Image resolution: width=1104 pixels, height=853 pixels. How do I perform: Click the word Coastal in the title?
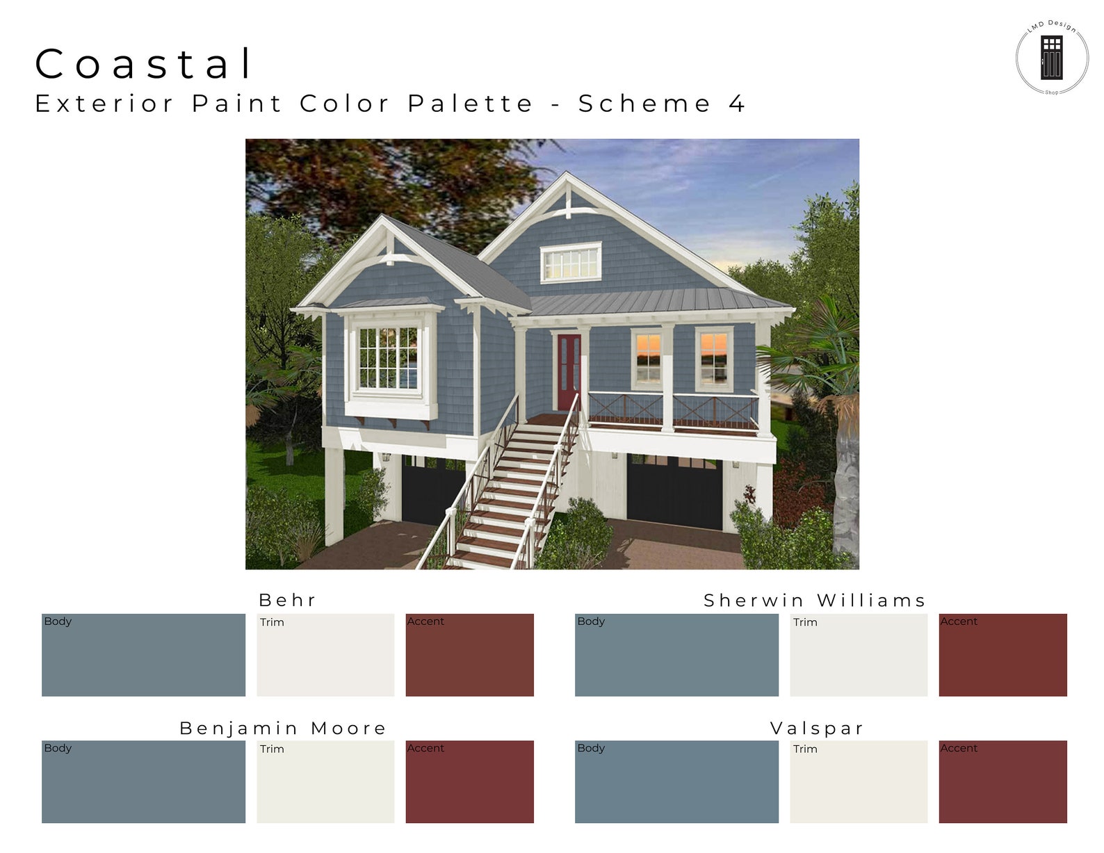tap(145, 63)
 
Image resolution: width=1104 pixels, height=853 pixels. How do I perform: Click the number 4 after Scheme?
tap(737, 104)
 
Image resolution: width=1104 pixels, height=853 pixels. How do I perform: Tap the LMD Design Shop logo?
tap(1051, 58)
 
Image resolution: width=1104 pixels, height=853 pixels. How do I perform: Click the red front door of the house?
tap(569, 373)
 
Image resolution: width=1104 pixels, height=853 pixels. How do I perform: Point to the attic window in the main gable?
tap(571, 262)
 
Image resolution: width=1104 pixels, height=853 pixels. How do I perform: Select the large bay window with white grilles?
tap(388, 358)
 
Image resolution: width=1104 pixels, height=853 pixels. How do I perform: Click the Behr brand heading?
tap(287, 600)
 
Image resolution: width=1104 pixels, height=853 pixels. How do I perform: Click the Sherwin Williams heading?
tap(815, 601)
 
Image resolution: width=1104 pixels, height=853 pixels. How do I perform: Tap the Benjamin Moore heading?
tap(283, 728)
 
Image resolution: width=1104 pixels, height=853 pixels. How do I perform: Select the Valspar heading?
tap(817, 728)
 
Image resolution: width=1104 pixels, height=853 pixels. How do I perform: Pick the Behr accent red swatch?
tap(469, 655)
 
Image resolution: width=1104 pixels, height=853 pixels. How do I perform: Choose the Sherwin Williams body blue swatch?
tap(676, 655)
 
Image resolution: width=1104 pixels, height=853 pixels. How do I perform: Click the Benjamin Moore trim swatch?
tap(325, 782)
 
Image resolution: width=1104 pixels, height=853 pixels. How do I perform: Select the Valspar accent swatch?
tap(1002, 782)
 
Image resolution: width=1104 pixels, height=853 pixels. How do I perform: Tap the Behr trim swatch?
tap(325, 655)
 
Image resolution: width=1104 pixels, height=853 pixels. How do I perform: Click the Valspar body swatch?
tap(676, 782)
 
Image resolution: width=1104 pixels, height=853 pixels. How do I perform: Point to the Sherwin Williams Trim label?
tap(805, 622)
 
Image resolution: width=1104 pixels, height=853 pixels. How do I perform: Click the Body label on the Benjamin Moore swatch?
tap(58, 748)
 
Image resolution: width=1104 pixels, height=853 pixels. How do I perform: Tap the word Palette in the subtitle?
tap(470, 104)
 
